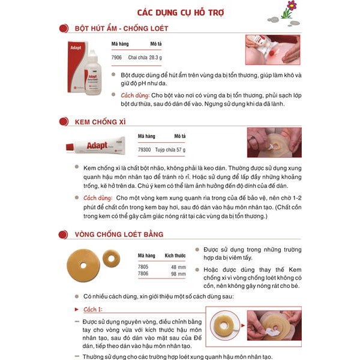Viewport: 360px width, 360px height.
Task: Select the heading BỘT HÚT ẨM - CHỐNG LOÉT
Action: (x=121, y=28)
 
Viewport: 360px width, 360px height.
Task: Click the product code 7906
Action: (x=117, y=57)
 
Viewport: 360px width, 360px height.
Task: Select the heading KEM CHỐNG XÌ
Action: (x=100, y=122)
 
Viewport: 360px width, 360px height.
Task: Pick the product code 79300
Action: (x=145, y=149)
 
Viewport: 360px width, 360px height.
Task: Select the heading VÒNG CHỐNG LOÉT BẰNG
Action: (x=119, y=234)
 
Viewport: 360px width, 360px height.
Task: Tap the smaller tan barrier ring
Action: (x=110, y=258)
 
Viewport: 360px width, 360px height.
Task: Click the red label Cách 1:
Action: (x=92, y=308)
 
